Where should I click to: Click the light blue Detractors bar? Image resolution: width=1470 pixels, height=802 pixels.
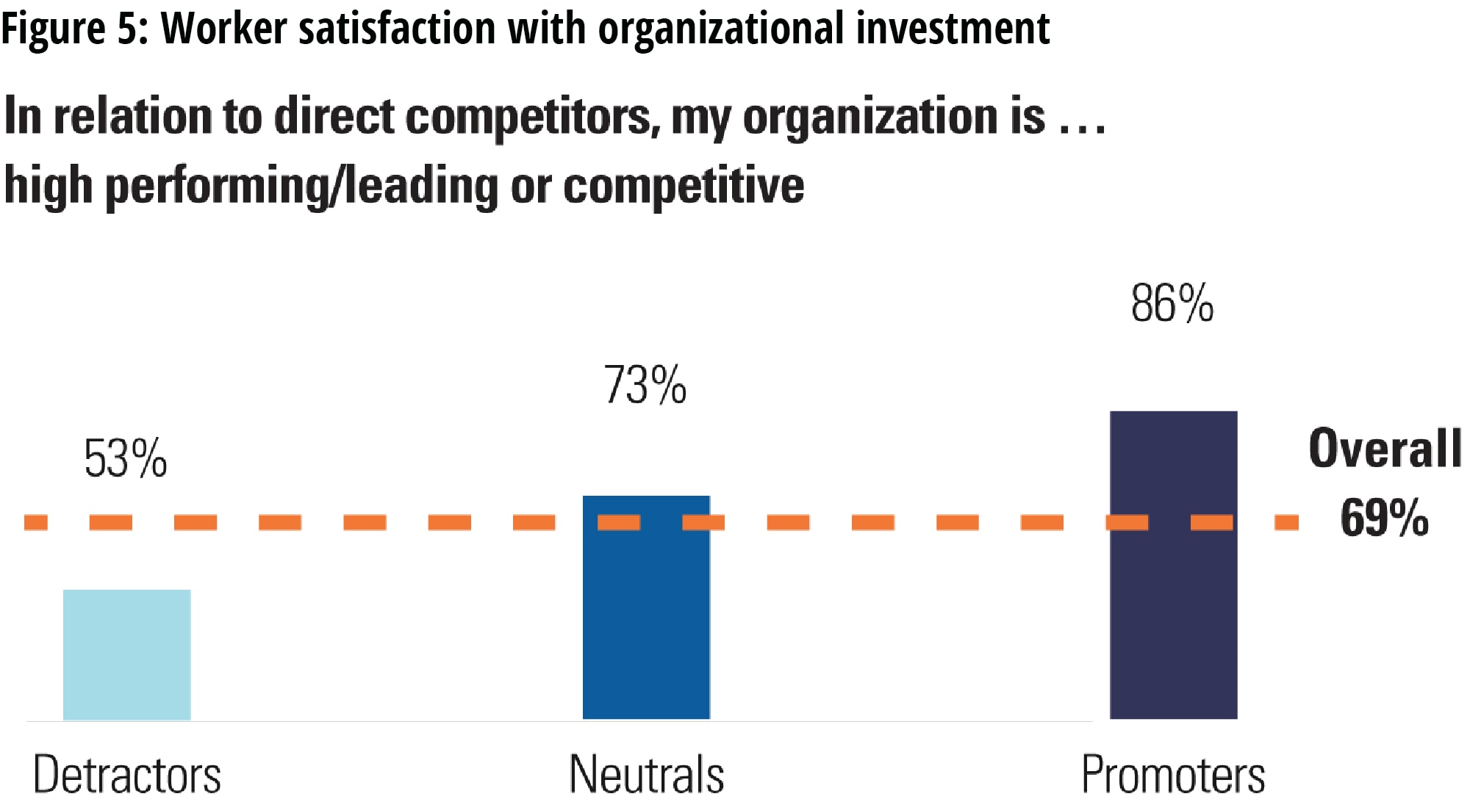[126, 654]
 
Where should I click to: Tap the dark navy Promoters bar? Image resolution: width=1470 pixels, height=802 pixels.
[1173, 565]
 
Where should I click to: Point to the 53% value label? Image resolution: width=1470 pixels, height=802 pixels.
[126, 459]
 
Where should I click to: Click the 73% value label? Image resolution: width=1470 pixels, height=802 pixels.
[645, 386]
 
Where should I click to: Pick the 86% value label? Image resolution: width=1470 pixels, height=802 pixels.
[1172, 304]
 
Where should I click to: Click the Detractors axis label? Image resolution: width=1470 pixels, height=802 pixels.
[126, 775]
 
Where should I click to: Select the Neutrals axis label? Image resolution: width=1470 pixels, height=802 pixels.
[646, 775]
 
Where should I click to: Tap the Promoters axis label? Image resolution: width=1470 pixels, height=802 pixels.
[1173, 775]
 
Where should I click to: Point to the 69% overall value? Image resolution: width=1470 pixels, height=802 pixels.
[1384, 519]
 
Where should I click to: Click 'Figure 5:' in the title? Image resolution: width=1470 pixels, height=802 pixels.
[75, 29]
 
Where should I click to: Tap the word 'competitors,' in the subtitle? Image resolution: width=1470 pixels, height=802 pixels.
[532, 118]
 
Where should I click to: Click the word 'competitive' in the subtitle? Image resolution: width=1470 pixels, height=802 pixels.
[684, 186]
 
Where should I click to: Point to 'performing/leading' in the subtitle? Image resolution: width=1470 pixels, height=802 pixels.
[302, 186]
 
